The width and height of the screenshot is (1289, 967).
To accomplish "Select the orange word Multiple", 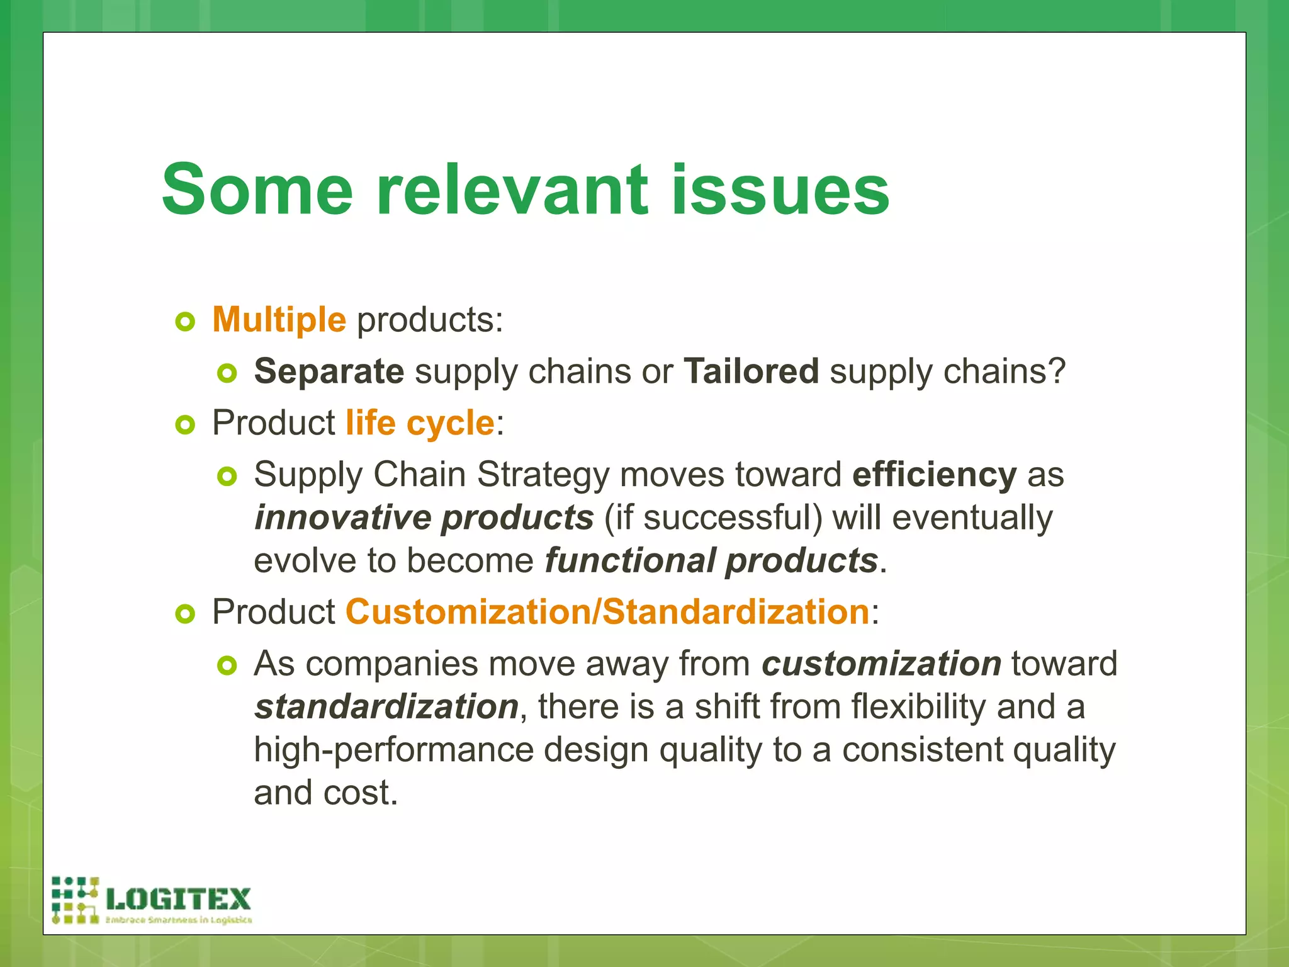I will (x=279, y=320).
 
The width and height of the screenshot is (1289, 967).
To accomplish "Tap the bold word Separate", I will (x=329, y=371).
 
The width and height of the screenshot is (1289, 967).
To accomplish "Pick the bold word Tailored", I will (x=751, y=371).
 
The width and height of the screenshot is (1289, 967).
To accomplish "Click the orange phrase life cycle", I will (x=420, y=423).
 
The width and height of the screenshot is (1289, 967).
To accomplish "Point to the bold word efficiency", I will (x=934, y=475).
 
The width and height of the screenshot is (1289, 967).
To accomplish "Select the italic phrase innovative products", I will (x=424, y=517).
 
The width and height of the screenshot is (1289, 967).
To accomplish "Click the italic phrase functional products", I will (x=711, y=561).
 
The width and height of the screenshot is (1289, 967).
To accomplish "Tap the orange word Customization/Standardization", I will (x=607, y=613).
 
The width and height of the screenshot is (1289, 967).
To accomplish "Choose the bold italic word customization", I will (x=881, y=664).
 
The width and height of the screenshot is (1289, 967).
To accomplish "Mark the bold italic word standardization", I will (x=386, y=707).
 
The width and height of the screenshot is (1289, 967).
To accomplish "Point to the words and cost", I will (x=325, y=793).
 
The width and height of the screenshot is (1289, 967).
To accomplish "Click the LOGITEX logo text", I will (x=179, y=899).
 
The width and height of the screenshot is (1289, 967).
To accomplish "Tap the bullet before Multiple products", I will (x=185, y=322).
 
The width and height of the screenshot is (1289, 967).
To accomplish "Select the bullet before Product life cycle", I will (x=185, y=426).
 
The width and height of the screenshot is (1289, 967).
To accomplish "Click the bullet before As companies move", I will (x=227, y=665).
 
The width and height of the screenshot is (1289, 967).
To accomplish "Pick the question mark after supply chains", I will (x=1056, y=371).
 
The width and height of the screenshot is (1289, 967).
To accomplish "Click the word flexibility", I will (x=918, y=707).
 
